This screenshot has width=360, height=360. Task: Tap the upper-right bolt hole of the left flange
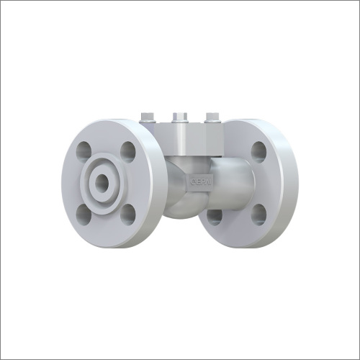tap(128, 150)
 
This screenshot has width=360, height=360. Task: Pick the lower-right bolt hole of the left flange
tap(128, 214)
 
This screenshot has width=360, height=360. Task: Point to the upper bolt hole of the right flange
tap(258, 150)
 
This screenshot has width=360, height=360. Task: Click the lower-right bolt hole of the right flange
tap(258, 214)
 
